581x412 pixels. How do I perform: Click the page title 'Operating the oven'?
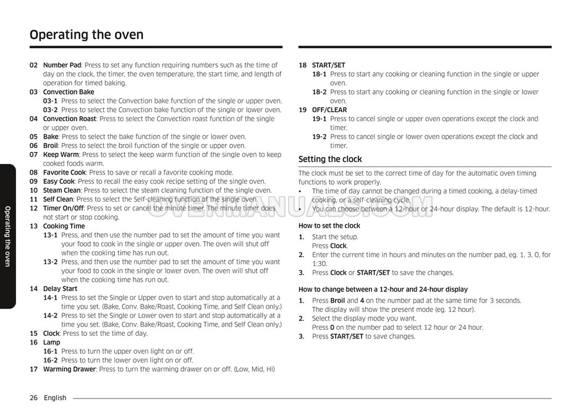[x=87, y=35]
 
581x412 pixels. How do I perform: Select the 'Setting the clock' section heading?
[x=330, y=159]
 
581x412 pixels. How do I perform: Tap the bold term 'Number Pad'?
[x=62, y=65]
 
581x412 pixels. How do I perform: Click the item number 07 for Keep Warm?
[x=33, y=155]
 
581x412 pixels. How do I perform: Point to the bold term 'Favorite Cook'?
[x=64, y=173]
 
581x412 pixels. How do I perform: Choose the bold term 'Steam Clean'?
[x=61, y=191]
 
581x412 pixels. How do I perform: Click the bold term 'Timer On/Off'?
[x=64, y=208]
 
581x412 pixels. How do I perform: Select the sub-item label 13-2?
[x=50, y=262]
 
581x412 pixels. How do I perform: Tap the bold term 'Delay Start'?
[x=60, y=289]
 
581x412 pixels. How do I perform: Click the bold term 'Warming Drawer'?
[x=69, y=369]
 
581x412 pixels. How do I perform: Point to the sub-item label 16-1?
[x=50, y=351]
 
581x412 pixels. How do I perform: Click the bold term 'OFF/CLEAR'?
[x=329, y=110]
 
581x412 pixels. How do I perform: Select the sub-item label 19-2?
[x=319, y=137]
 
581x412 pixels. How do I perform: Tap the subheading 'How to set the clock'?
[x=329, y=226]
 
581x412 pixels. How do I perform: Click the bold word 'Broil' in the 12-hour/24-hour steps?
[x=337, y=301]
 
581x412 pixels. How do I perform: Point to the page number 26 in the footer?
[x=33, y=398]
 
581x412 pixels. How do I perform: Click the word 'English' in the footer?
[x=55, y=398]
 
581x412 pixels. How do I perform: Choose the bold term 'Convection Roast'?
[x=69, y=119]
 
